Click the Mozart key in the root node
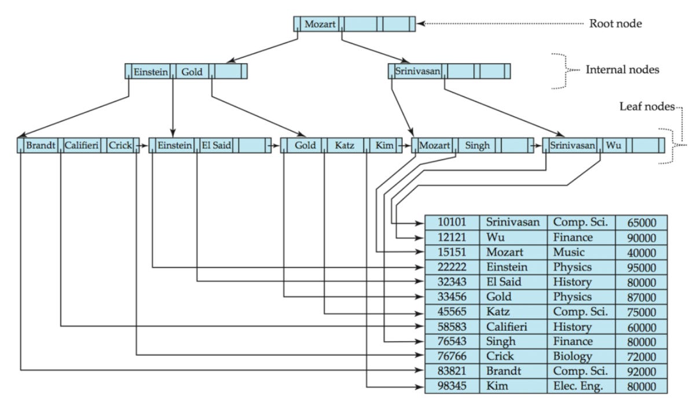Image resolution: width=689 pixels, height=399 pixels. click(x=320, y=24)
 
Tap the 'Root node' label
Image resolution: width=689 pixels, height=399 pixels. click(x=615, y=24)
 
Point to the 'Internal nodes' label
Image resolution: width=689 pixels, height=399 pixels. click(x=622, y=70)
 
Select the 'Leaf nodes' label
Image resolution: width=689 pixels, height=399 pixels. click(x=647, y=106)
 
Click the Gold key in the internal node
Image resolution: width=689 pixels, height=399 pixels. click(x=192, y=72)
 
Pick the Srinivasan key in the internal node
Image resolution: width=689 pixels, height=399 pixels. click(x=417, y=71)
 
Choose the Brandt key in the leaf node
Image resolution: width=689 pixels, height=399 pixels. click(x=41, y=145)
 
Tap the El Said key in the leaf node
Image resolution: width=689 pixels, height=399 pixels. click(x=216, y=145)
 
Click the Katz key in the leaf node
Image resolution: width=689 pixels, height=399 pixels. click(x=345, y=145)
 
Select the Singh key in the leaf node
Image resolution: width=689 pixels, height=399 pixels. click(x=477, y=145)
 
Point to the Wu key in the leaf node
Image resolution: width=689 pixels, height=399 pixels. click(x=613, y=145)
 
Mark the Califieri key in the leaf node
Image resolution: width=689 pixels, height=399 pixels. click(x=81, y=145)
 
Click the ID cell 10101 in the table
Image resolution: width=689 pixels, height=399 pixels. click(x=452, y=222)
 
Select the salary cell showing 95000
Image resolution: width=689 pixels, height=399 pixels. click(x=642, y=267)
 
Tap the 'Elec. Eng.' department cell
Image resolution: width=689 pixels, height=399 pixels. click(x=578, y=386)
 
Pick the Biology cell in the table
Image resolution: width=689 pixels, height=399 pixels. click(x=573, y=356)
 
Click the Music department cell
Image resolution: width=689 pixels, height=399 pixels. click(x=569, y=252)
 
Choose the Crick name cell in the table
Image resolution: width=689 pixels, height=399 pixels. click(x=500, y=356)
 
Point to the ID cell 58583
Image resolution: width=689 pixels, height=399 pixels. click(x=452, y=327)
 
